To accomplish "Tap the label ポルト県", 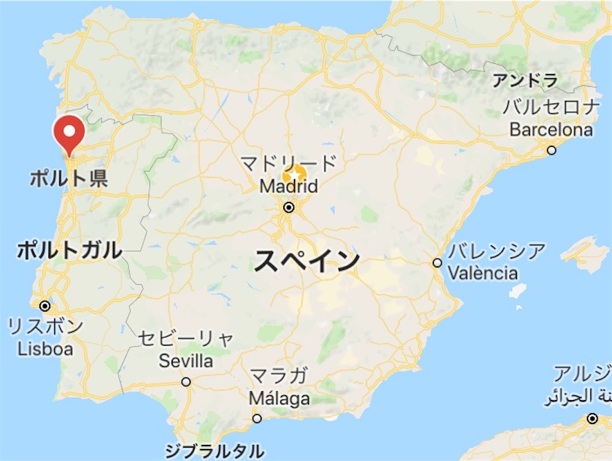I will pyautogui.click(x=69, y=179).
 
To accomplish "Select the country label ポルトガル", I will pyautogui.click(x=69, y=250).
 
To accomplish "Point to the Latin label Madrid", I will pyautogui.click(x=289, y=186).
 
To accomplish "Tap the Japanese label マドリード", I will pyautogui.click(x=289, y=162).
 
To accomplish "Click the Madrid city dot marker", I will pyautogui.click(x=289, y=208).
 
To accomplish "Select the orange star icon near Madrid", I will pyautogui.click(x=294, y=176).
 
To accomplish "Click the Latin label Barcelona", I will pyautogui.click(x=552, y=130).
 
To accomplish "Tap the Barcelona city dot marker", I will pyautogui.click(x=552, y=150).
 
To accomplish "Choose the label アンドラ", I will pyautogui.click(x=525, y=79).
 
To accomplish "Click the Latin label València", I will pyautogui.click(x=483, y=273).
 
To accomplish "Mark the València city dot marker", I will pyautogui.click(x=437, y=263).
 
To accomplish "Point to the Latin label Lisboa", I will pyautogui.click(x=45, y=349).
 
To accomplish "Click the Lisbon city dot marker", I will pyautogui.click(x=45, y=306).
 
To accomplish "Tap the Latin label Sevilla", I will pyautogui.click(x=186, y=361).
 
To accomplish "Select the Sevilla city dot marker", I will pyautogui.click(x=186, y=382).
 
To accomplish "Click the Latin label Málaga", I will pyautogui.click(x=279, y=398).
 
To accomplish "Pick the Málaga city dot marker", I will pyautogui.click(x=257, y=419).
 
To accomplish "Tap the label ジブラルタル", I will pyautogui.click(x=214, y=450).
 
